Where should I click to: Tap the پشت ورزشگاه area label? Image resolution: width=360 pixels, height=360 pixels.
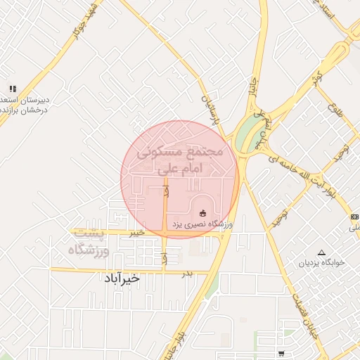pos(89,241)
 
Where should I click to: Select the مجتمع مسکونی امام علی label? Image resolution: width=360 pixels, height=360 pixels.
pos(179,160)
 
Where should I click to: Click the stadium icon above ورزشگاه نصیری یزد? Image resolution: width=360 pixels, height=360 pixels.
pos(203,212)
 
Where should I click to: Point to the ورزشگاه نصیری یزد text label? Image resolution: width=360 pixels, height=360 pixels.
pos(208,224)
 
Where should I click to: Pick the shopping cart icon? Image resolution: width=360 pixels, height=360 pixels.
pos(281,353)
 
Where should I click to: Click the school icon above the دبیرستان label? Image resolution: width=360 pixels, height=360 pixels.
pos(12,89)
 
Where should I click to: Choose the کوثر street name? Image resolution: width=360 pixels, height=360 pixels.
pos(317,76)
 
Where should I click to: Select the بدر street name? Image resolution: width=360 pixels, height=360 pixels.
pos(186,272)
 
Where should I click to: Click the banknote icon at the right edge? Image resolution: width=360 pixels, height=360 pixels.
pos(354,217)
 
